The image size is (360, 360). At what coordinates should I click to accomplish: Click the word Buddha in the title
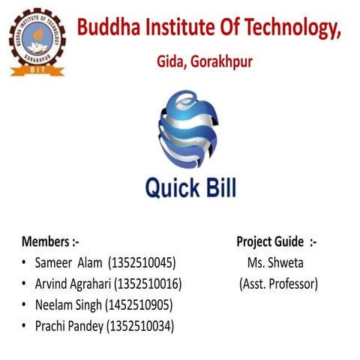pyautogui.click(x=111, y=28)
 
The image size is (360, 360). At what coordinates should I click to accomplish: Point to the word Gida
pyautogui.click(x=169, y=61)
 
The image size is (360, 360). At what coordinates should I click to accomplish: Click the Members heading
pyautogui.click(x=50, y=241)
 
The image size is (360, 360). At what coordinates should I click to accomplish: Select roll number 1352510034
pyautogui.click(x=143, y=326)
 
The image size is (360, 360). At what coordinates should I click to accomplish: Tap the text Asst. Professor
pyautogui.click(x=278, y=284)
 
